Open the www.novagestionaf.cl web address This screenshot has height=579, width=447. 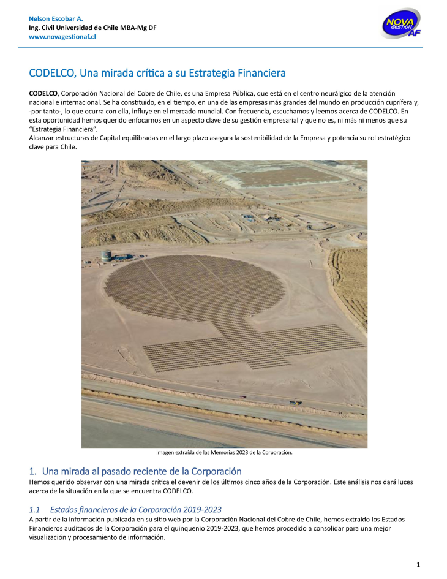(62, 37)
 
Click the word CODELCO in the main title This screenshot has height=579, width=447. (53, 73)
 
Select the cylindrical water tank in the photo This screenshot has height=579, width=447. (107, 254)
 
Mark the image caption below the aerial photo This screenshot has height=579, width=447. (224, 453)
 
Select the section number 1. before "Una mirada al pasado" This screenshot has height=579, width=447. (33, 471)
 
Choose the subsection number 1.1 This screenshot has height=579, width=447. (34, 509)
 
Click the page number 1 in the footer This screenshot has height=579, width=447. (418, 564)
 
